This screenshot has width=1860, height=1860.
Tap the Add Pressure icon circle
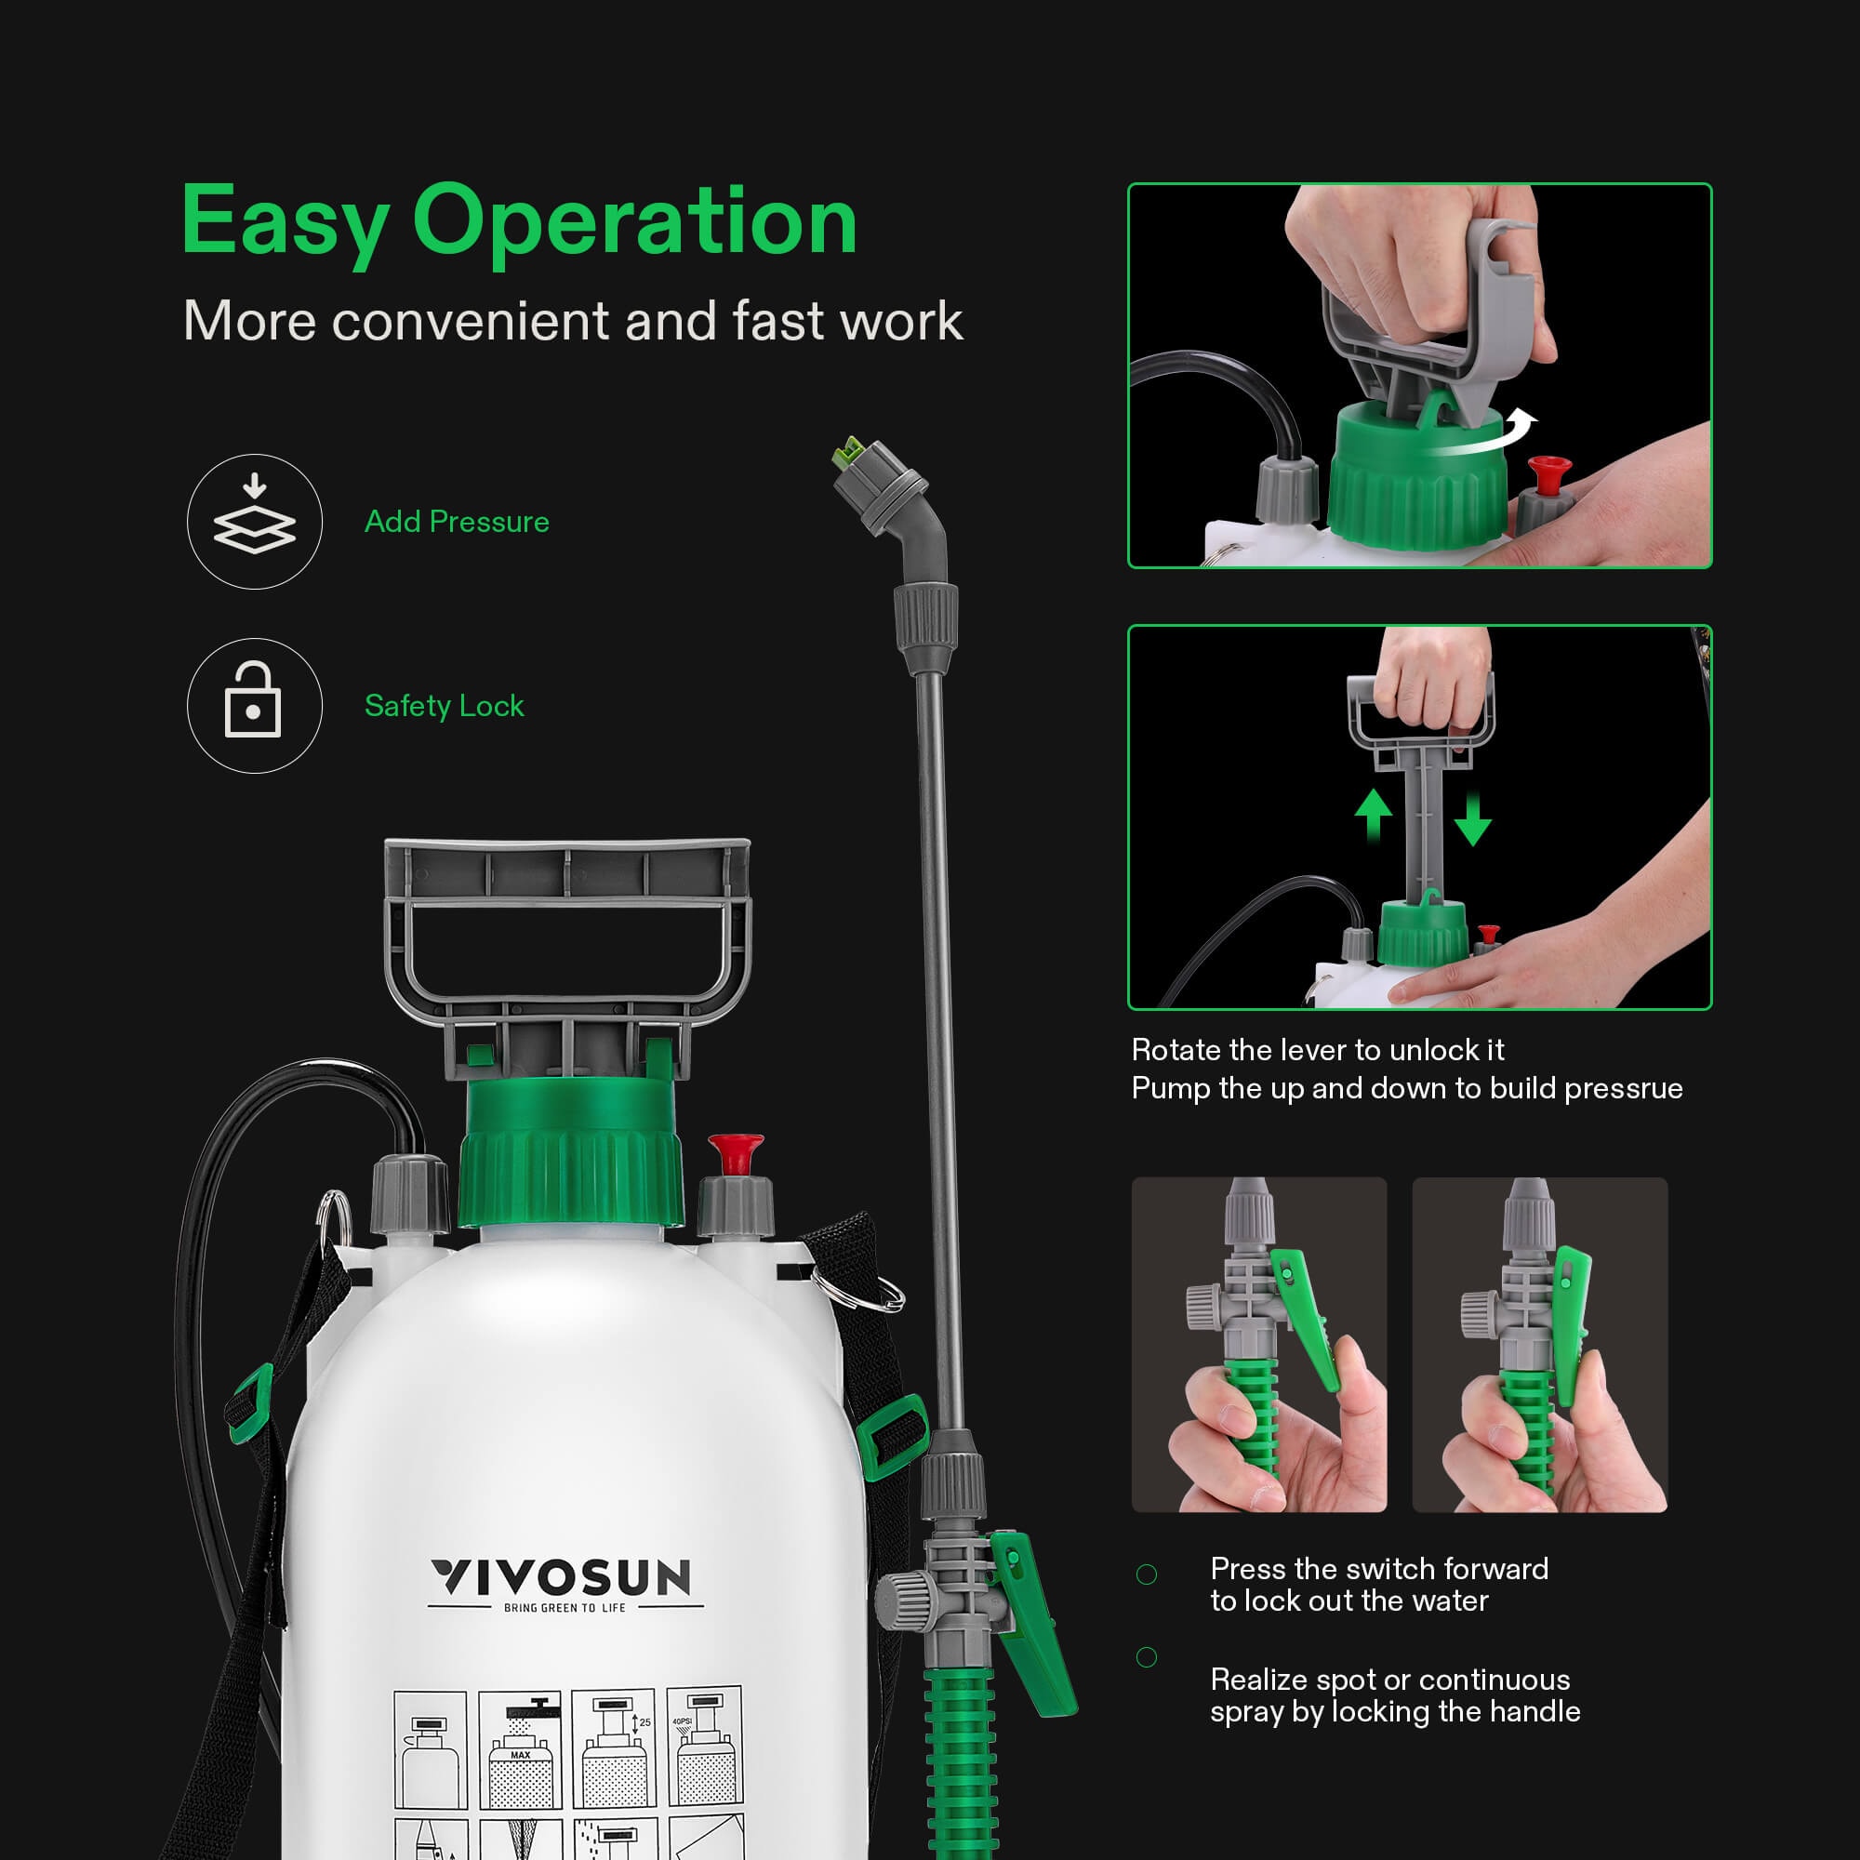[x=254, y=522]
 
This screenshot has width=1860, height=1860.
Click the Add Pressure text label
[x=457, y=522]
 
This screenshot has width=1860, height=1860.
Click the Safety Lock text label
[x=444, y=706]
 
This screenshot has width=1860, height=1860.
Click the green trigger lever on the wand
[x=1032, y=1627]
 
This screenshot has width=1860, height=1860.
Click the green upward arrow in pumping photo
[x=1373, y=815]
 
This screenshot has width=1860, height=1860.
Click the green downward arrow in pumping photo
[x=1473, y=820]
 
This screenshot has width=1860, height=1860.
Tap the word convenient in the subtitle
[x=472, y=321]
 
